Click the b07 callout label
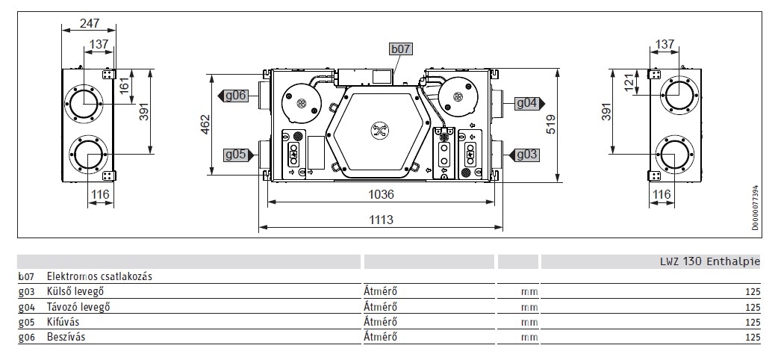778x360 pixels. click(x=401, y=49)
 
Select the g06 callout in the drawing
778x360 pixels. click(x=232, y=96)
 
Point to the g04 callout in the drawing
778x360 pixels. click(x=529, y=103)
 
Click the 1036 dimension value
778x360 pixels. click(x=381, y=194)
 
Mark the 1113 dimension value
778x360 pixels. click(x=381, y=219)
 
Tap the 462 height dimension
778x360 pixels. click(x=205, y=124)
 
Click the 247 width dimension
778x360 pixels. click(x=90, y=23)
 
